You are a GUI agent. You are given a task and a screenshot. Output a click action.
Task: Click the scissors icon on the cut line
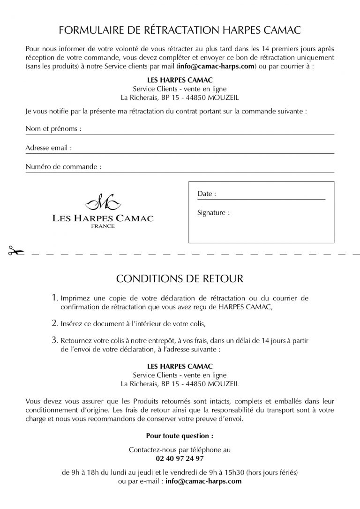[x=15, y=252]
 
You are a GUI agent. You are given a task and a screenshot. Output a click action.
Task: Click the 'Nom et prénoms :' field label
[x=53, y=128]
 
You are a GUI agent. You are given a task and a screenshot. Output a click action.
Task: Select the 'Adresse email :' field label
[x=49, y=148]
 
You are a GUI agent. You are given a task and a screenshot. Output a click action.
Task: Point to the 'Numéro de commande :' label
[x=63, y=166]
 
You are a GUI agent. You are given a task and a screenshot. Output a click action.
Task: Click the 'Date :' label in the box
[x=207, y=194]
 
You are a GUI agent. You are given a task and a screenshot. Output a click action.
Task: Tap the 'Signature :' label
[x=214, y=212]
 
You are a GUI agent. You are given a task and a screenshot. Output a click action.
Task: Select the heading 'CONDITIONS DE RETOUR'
[x=180, y=278]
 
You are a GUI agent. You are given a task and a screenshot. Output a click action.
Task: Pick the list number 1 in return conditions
[x=55, y=298]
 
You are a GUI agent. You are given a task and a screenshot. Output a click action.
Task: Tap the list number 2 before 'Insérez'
[x=55, y=323]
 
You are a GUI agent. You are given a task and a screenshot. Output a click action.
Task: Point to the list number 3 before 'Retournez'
[x=55, y=341]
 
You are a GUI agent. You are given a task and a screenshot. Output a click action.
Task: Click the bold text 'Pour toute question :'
[x=180, y=435]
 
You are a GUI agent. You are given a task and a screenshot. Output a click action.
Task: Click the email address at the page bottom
[x=203, y=481]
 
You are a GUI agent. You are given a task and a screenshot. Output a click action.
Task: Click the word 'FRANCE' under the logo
[x=103, y=226]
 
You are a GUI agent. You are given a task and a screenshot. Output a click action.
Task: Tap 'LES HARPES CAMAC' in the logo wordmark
[x=103, y=218]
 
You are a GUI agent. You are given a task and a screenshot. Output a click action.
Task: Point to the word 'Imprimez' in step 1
[x=75, y=299]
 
